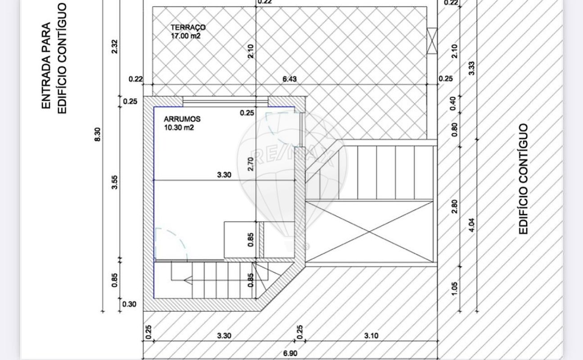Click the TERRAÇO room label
188,27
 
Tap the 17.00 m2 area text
185,36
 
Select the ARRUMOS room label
182,119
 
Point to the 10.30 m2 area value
179,128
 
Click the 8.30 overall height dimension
97,134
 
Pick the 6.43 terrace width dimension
289,79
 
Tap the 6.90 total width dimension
290,354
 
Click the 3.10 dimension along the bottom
371,336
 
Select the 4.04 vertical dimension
472,225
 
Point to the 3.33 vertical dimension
471,68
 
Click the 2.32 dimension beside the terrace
114,46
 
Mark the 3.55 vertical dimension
115,182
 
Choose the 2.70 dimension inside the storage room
251,164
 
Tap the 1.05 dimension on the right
454,289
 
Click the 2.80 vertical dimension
454,207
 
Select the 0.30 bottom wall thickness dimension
129,304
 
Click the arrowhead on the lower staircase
188,280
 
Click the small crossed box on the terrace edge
432,40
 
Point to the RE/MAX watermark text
292,156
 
